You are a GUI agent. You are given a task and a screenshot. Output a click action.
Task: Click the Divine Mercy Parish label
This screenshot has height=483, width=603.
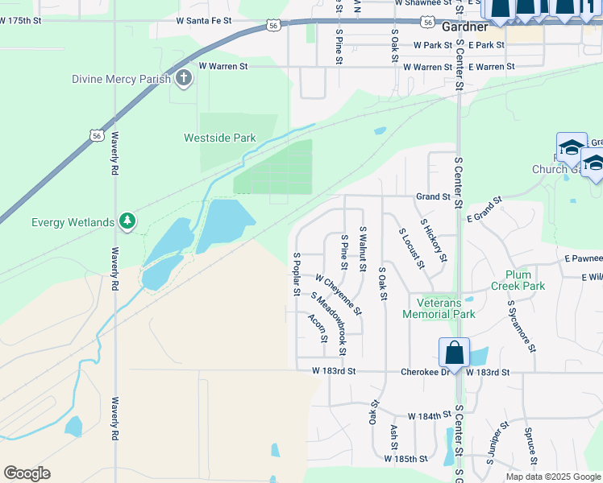(121, 79)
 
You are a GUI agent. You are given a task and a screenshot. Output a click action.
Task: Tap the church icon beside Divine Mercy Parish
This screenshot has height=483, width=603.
(184, 79)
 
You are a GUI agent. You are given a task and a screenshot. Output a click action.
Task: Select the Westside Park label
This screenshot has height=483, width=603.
(219, 138)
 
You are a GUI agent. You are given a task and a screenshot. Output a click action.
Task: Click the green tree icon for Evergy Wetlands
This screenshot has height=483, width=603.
(127, 220)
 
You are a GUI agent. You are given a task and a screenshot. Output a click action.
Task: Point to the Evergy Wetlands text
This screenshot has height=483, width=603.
(73, 222)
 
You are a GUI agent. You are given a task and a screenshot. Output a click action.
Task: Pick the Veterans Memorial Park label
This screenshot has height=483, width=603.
(446, 308)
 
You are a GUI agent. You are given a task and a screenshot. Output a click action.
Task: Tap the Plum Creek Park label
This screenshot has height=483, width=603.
(518, 280)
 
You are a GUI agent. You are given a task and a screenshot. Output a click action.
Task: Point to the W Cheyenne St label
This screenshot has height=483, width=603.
(339, 295)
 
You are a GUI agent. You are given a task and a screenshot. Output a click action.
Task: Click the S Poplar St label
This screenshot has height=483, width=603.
(297, 275)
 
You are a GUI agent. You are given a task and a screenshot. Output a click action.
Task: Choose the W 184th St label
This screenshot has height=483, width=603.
(427, 415)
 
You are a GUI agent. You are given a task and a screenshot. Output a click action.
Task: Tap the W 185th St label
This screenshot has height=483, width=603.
(405, 459)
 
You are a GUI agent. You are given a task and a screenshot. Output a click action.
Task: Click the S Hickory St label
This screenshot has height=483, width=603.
(433, 239)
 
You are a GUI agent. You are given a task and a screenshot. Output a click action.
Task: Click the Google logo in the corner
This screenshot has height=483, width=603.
(27, 473)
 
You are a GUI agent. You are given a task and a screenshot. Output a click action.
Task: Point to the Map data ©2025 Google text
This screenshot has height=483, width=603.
(552, 477)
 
